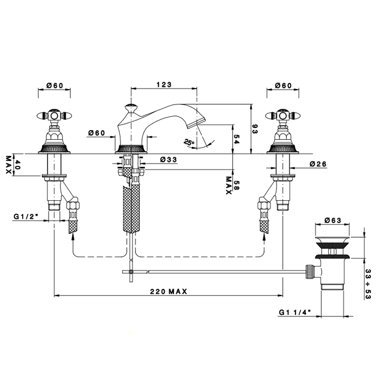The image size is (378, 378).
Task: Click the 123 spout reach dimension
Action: click(x=164, y=85)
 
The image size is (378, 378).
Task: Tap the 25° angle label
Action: click(x=189, y=142)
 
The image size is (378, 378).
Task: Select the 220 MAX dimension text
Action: click(x=168, y=292)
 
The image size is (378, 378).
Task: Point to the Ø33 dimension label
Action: click(x=168, y=159)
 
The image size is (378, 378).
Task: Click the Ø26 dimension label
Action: click(x=318, y=164)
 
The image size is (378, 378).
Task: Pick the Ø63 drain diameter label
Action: click(x=333, y=220)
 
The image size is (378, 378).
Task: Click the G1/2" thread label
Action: click(x=26, y=216)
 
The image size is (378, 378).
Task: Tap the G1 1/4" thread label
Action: click(x=295, y=312)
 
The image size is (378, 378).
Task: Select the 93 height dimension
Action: click(x=254, y=129)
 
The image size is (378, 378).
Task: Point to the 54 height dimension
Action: click(x=236, y=139)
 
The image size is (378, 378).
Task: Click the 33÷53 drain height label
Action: click(x=368, y=284)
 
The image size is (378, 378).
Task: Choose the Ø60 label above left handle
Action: click(x=55, y=85)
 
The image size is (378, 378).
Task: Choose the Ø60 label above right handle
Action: click(x=283, y=85)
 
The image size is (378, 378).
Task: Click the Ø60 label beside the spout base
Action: click(x=97, y=133)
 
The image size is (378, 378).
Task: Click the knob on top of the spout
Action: click(x=131, y=106)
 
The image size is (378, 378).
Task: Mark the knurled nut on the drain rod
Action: click(x=309, y=272)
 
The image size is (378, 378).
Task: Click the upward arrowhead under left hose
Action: click(x=73, y=237)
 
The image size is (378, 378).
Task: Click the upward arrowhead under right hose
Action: click(x=264, y=237)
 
